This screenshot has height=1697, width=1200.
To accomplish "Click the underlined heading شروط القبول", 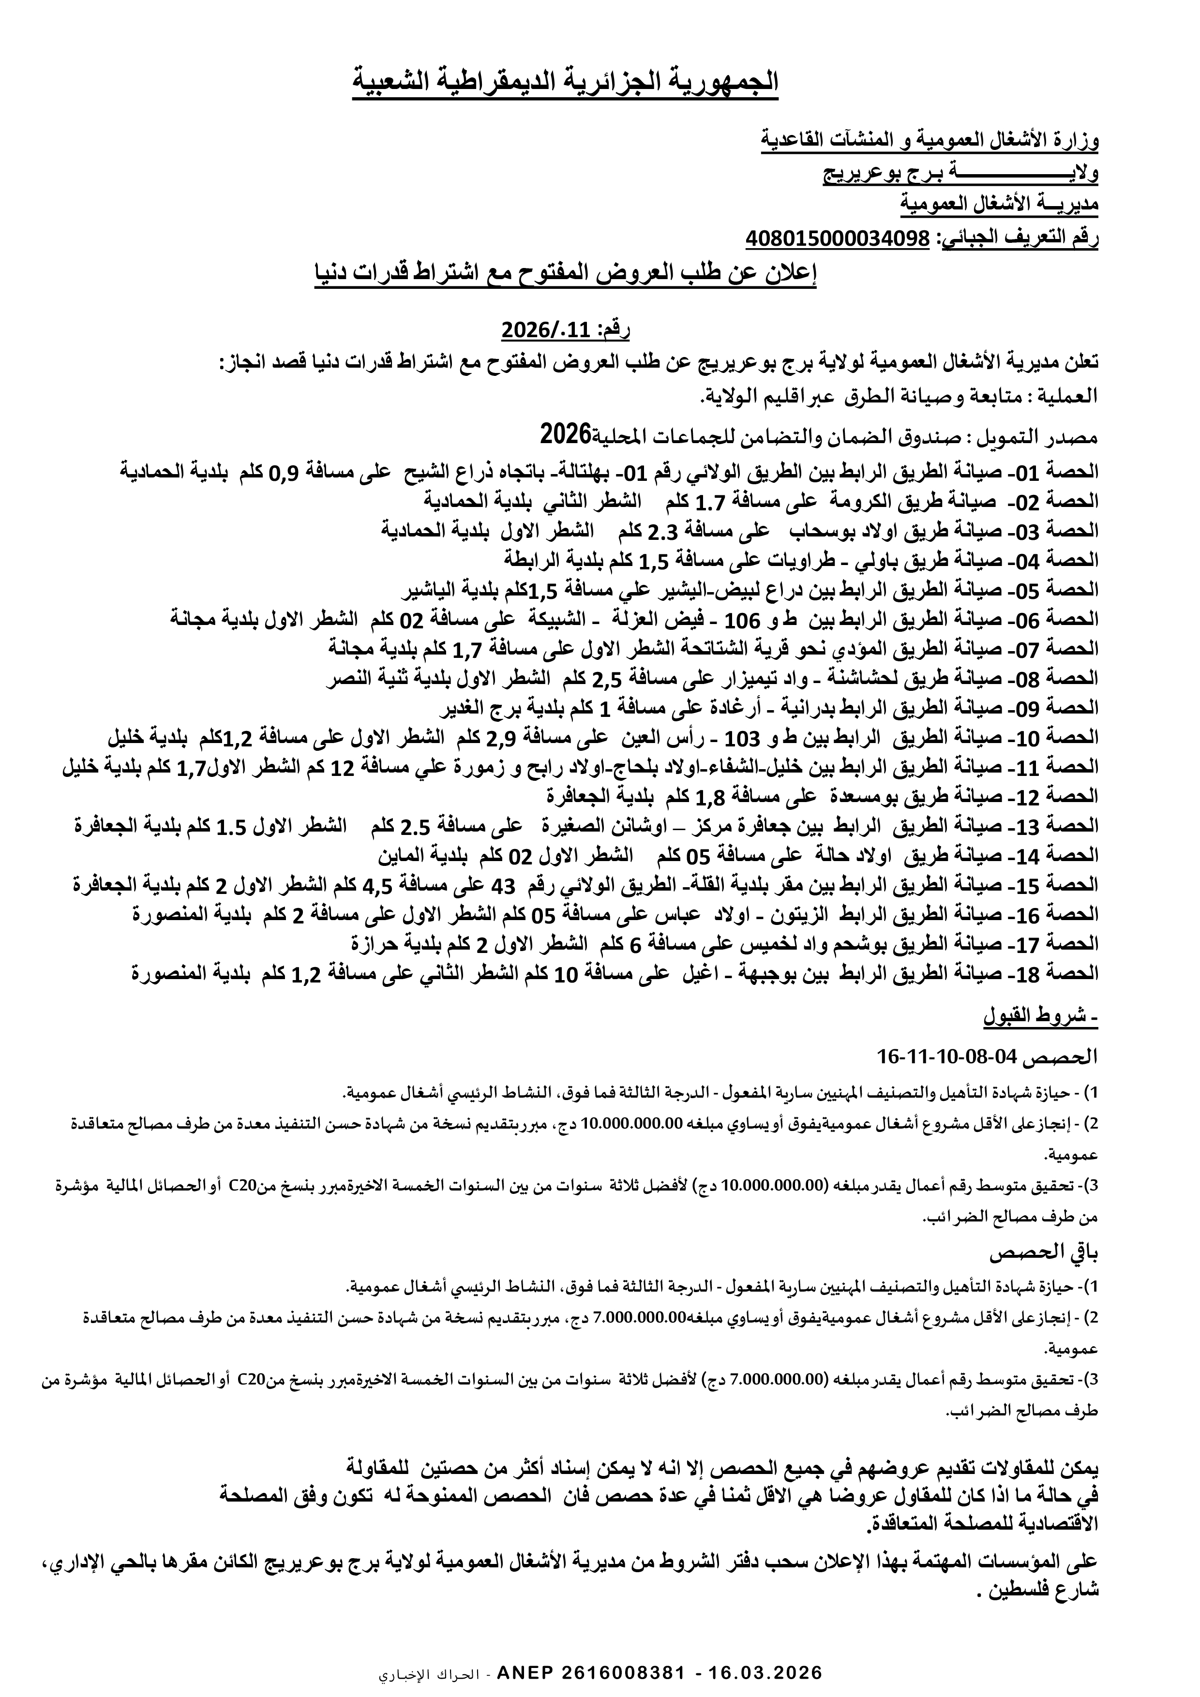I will (1040, 1017).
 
